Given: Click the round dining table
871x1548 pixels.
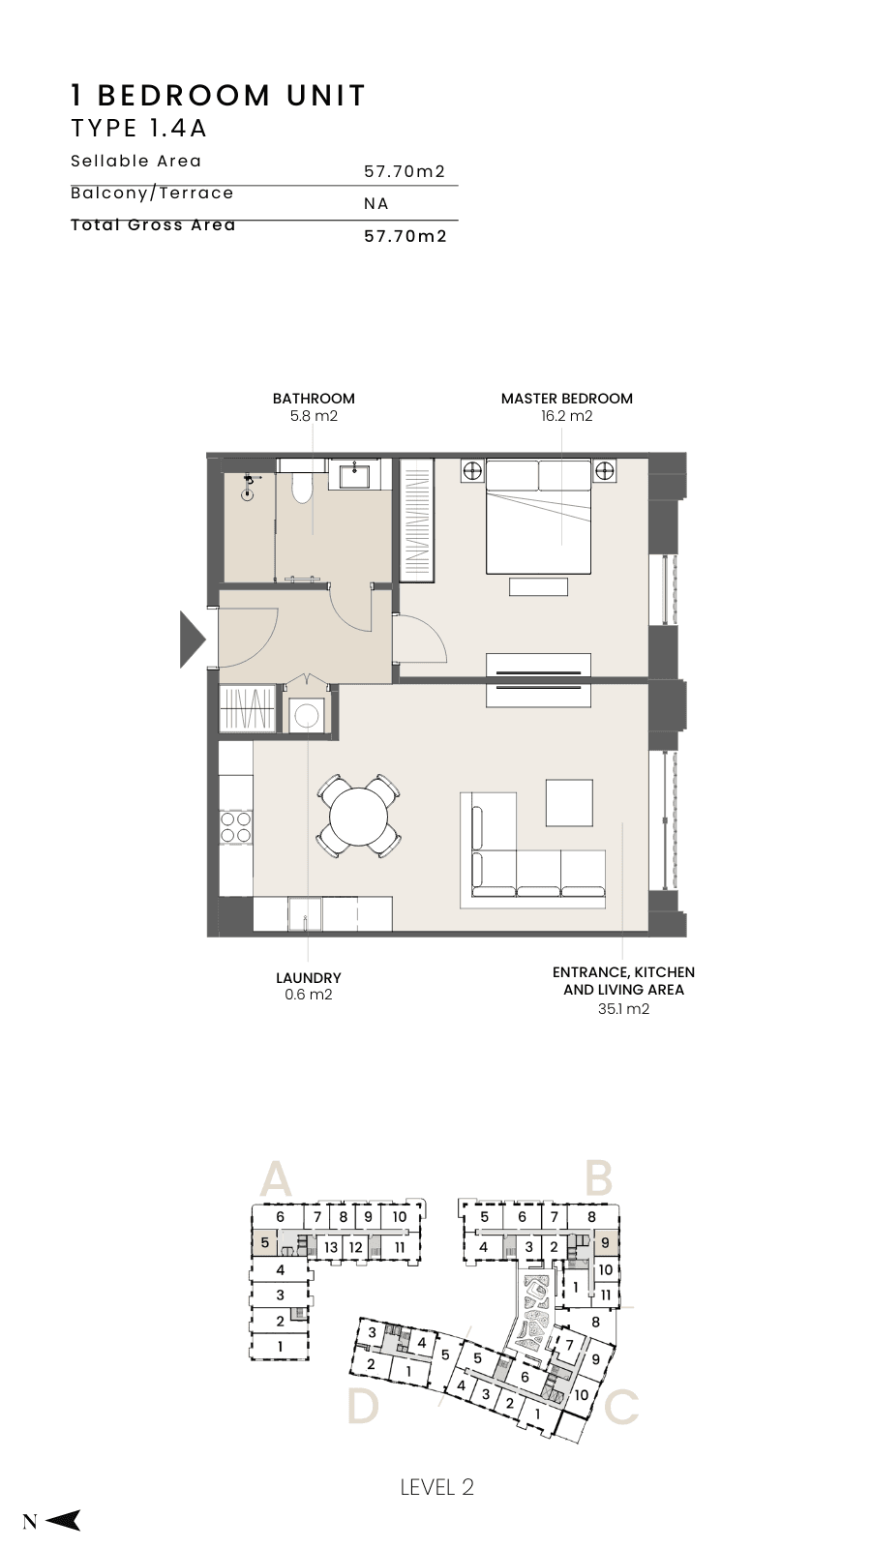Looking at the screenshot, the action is coord(359,817).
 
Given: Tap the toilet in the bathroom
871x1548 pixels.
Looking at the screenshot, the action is coord(302,485).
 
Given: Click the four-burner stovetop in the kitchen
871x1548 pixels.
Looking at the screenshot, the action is coord(235,826).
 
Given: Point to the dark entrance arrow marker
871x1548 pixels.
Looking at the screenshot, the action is coord(193,640).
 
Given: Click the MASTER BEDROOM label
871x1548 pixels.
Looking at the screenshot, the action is coord(567,399).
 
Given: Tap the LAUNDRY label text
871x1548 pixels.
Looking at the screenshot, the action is coord(309,978).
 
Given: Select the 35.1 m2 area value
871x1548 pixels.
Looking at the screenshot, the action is coord(623,1008).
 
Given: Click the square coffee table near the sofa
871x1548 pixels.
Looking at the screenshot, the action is coord(569,802).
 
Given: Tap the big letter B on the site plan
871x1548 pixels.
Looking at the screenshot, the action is coord(599,1178).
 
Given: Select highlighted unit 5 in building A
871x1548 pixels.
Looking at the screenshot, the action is coord(263,1242).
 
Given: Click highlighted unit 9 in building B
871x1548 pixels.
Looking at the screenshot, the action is coord(606,1242).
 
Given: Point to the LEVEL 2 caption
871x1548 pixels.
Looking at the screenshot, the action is coord(436,1487).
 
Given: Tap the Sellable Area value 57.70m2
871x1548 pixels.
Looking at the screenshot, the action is coord(405,171).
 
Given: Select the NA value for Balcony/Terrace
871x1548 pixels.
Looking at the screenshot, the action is coord(376,204).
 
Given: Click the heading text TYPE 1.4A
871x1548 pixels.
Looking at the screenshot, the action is coord(139,129).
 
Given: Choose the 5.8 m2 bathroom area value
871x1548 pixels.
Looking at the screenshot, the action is coord(314,416).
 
